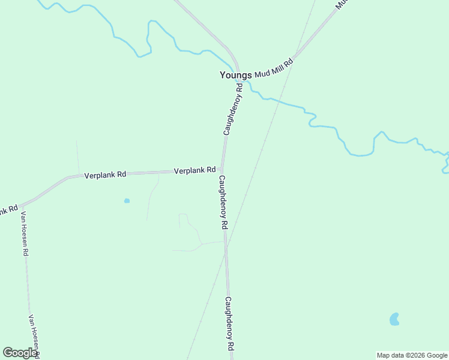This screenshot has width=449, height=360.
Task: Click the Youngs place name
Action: point(235,75)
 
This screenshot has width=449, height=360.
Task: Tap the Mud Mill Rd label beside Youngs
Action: point(274,68)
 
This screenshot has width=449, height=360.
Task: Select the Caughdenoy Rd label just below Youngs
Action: point(232,109)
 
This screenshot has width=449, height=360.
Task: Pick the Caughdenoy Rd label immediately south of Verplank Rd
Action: point(223,202)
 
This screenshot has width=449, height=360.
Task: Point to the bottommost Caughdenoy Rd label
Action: point(229,324)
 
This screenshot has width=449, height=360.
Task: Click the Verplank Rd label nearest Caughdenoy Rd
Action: point(194,170)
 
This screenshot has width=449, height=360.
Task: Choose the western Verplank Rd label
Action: point(105,175)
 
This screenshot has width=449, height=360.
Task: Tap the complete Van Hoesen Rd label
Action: point(25,233)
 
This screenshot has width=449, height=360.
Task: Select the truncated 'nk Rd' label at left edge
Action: point(8,211)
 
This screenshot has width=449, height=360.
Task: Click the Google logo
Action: point(20,353)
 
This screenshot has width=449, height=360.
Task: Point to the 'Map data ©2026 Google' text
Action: point(412,355)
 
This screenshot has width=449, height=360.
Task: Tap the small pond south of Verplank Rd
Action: point(127,200)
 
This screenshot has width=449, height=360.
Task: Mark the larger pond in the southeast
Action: point(394,319)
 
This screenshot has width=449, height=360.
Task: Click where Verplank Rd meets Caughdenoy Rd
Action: point(222,171)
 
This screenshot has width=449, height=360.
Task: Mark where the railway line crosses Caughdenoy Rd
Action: point(226,251)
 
